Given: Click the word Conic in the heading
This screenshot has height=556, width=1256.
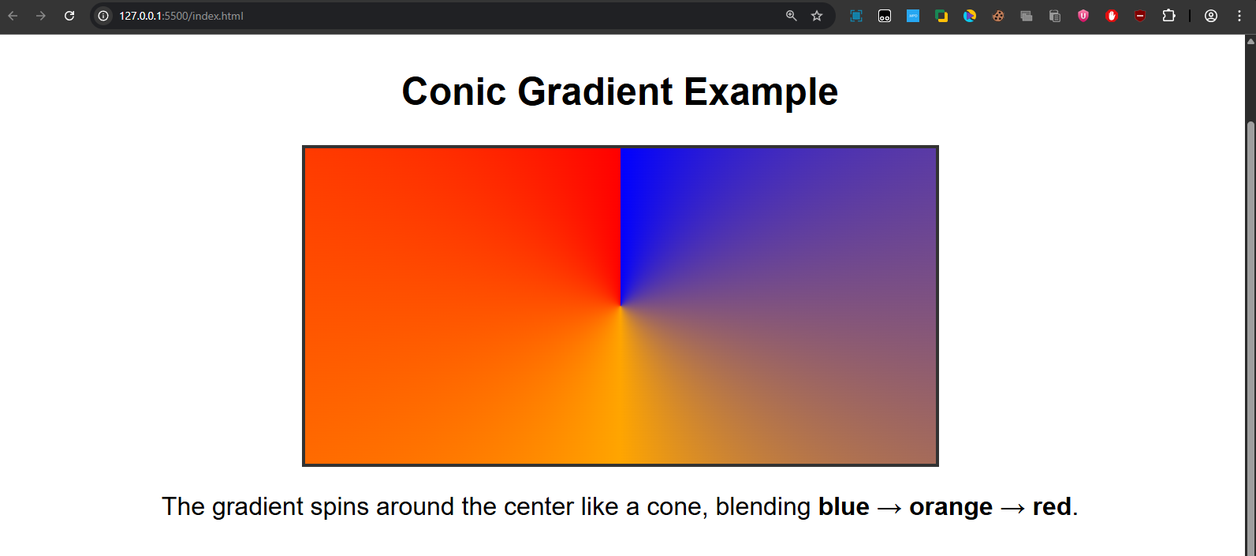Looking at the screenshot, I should (453, 92).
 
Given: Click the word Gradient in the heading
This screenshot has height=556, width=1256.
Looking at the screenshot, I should (595, 92).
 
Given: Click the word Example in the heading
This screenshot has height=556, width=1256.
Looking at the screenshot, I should (761, 92).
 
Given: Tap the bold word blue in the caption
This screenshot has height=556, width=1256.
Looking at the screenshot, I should (844, 506).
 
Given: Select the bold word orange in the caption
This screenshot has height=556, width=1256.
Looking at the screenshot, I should (950, 507).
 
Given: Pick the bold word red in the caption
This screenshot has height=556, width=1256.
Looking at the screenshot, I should (1052, 506).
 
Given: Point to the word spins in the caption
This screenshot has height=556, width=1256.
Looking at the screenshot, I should (339, 507).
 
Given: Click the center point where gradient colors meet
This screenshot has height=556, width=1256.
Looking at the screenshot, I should (621, 306).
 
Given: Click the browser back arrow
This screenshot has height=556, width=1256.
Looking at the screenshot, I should (13, 16).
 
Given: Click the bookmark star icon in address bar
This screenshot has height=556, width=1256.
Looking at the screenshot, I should (817, 16).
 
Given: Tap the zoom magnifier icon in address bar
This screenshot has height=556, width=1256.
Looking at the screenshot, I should (792, 16).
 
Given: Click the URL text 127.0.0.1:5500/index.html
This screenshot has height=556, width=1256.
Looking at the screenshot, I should (181, 16).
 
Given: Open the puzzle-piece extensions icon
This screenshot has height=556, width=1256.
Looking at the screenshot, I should (1168, 16).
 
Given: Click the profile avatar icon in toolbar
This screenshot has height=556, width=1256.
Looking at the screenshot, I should (1211, 16).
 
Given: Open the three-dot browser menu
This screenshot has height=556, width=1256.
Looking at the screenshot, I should (1239, 16).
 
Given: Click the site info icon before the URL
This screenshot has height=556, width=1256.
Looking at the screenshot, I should (103, 16).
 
